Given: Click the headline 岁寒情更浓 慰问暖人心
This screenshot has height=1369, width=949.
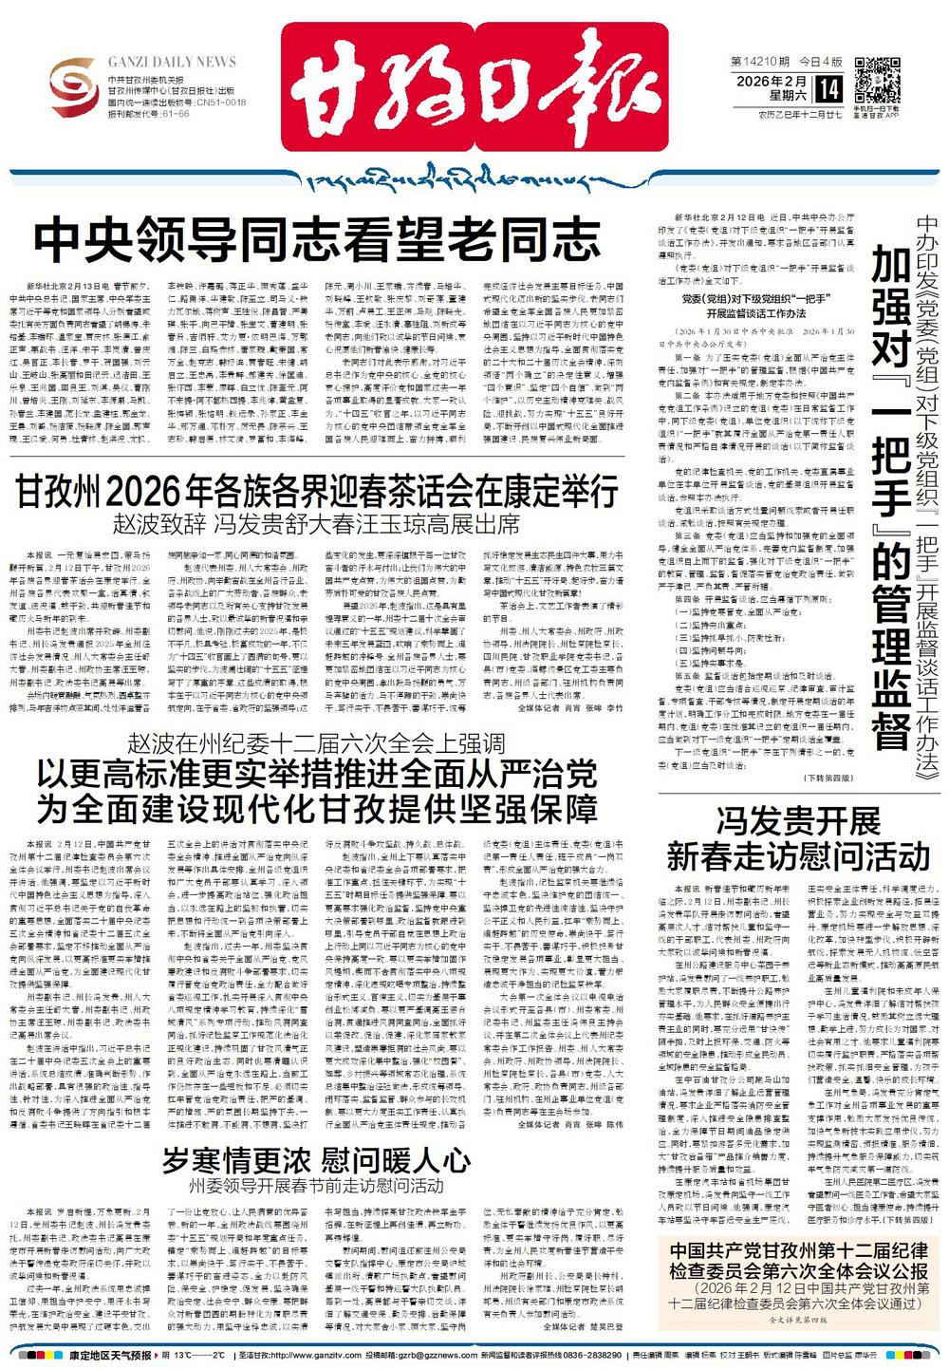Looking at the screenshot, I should (x=316, y=1159).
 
